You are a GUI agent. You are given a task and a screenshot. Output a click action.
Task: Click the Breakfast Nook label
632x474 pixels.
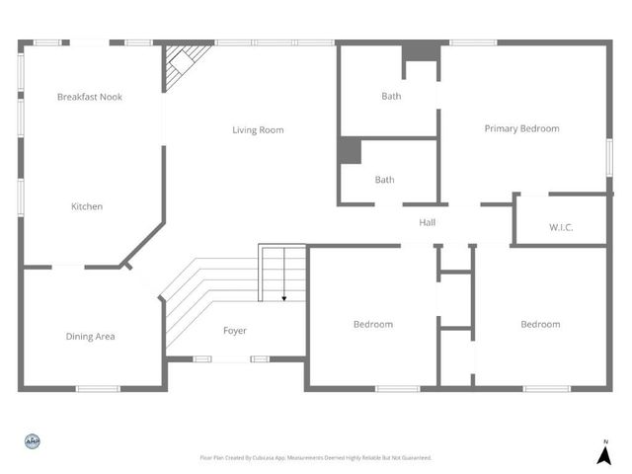pos(90,97)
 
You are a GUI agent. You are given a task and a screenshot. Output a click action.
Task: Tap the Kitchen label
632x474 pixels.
pos(87,206)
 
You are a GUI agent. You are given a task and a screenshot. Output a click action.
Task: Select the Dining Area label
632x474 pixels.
pos(90,337)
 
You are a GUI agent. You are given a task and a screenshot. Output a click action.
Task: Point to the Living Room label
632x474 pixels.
pos(259,130)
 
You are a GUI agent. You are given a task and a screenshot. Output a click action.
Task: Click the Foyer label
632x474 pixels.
pos(235,331)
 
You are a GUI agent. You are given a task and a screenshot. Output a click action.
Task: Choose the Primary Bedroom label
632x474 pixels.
pos(521,128)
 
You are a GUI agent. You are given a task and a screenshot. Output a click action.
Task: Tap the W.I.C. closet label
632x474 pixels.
pos(562,228)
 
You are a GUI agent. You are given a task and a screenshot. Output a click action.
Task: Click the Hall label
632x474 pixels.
pos(428,223)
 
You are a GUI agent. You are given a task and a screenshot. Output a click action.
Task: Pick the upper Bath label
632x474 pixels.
pos(391,96)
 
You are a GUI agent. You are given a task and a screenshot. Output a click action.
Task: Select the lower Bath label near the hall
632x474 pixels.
pos(384,180)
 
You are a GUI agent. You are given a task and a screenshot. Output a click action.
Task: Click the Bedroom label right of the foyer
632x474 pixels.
pos(373,324)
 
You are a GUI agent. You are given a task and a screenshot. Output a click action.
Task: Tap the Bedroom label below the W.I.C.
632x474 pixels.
pos(540,324)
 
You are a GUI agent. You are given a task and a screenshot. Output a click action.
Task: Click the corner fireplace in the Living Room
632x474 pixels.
pos(185,62)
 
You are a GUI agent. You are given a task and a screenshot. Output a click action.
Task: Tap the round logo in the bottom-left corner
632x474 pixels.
pos(32,441)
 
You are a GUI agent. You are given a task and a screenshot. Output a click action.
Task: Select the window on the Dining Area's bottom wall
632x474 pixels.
pos(98,388)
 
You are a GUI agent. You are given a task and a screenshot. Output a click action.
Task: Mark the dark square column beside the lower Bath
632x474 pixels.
pos(350,150)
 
